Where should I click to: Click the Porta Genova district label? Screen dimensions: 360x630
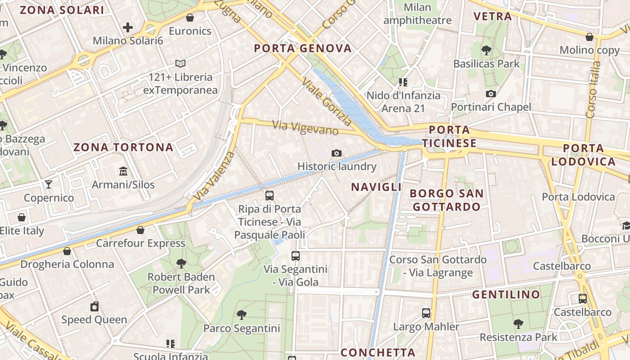tap(302, 49)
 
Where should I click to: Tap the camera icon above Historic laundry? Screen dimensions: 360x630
tap(336, 153)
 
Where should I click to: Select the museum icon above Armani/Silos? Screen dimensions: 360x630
tap(123, 171)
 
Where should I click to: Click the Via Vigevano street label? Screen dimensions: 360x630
tap(306, 128)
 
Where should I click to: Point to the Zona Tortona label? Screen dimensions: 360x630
tap(123, 147)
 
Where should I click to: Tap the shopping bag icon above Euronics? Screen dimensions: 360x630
tap(190, 18)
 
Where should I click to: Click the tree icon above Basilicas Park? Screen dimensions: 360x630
tap(486, 50)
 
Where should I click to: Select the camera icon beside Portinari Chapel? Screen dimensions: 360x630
tap(491, 94)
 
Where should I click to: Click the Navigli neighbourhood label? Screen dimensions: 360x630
tap(376, 187)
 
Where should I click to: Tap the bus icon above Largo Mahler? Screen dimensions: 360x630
tap(426, 313)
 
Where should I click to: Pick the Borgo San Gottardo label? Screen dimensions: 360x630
tap(446, 200)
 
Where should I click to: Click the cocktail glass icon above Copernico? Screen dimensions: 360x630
tap(49, 184)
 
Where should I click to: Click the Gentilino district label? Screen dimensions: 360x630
tap(506, 295)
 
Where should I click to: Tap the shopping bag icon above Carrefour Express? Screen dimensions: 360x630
tap(140, 230)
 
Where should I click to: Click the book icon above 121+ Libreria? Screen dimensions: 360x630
tap(180, 64)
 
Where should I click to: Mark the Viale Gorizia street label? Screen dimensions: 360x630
tap(327, 102)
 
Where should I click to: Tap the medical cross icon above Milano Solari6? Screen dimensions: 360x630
tap(128, 27)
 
